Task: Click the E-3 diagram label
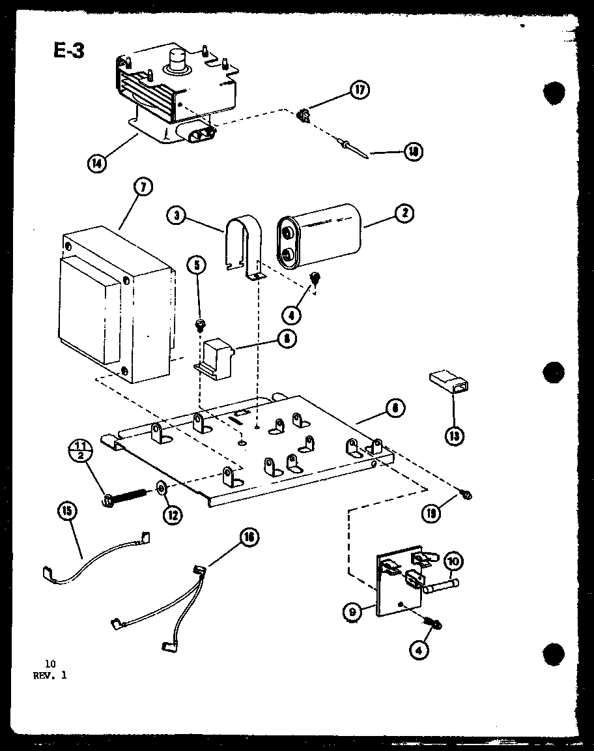pos(68,50)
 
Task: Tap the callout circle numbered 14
pos(97,163)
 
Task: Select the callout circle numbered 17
pos(359,90)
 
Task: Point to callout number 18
pos(412,152)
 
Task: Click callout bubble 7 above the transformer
pos(143,188)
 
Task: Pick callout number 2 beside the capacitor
pos(404,213)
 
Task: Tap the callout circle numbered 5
pos(196,265)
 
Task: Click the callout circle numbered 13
pos(454,435)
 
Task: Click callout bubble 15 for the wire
pos(66,512)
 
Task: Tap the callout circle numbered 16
pos(248,537)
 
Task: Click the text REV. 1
pos(49,675)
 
